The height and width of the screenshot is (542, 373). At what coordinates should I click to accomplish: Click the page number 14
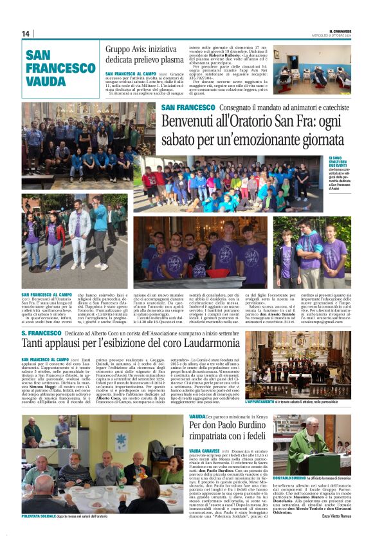(26, 33)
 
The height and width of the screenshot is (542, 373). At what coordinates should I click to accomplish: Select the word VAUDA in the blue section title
(47, 82)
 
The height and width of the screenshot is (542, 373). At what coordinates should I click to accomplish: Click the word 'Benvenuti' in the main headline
(190, 121)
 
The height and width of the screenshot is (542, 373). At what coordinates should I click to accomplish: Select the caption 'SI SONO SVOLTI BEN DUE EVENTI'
(336, 161)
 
